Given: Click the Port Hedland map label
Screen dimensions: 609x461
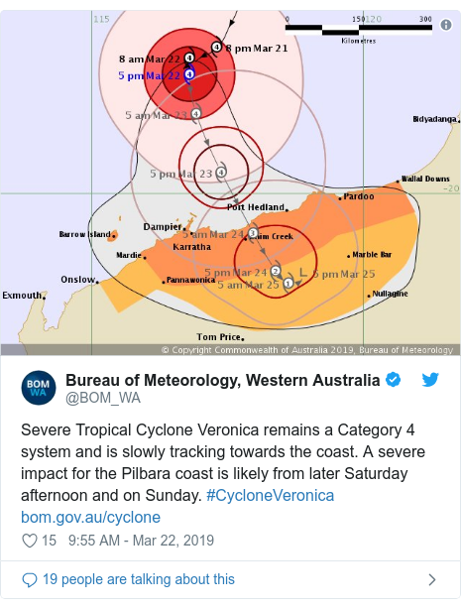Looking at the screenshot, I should click(250, 207).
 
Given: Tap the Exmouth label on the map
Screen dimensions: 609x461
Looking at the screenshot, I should click(22, 296).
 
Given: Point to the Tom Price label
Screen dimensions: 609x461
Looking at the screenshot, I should click(219, 336).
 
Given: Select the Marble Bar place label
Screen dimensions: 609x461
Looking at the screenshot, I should click(372, 255).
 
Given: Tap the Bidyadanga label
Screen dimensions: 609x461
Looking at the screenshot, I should click(434, 119).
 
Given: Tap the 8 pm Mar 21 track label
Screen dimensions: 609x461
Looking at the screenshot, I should click(256, 48).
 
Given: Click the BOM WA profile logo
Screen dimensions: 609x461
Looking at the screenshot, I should click(38, 390).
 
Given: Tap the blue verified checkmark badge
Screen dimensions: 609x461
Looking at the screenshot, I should click(394, 381).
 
